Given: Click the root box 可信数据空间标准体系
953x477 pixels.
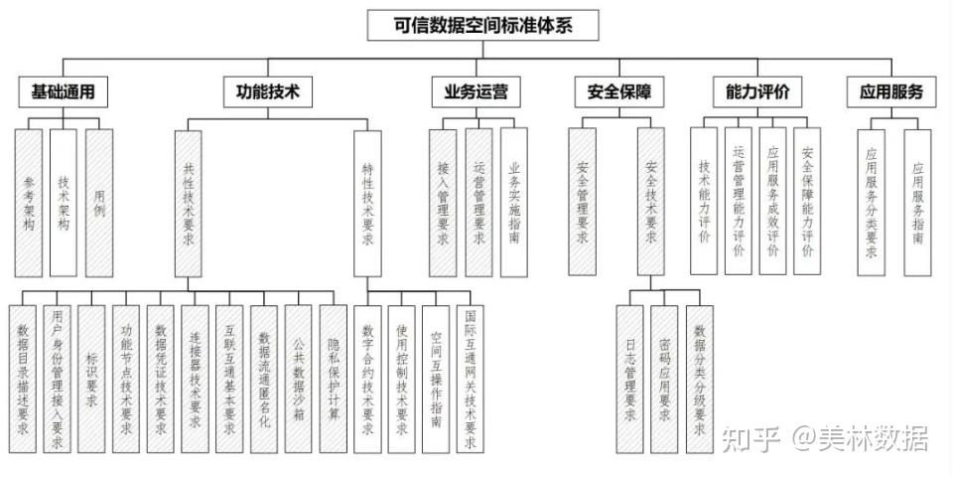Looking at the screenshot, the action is [483, 26].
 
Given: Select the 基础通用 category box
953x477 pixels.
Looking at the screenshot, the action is [64, 91].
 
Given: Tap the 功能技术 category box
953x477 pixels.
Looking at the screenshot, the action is [268, 91].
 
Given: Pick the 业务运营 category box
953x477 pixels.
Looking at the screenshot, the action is [476, 91].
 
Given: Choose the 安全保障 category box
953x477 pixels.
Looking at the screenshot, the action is [619, 91].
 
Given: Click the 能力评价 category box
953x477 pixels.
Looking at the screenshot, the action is [757, 91].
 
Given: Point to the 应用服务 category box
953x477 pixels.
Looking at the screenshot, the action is [891, 91].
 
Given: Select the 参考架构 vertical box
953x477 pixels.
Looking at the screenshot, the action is [29, 203].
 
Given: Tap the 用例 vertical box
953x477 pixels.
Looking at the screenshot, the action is [99, 203].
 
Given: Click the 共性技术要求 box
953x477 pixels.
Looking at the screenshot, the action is [189, 204].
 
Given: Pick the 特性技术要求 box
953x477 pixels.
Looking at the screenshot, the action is [367, 204].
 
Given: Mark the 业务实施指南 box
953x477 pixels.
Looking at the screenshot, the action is [514, 203].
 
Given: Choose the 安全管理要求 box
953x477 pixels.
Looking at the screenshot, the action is [583, 202].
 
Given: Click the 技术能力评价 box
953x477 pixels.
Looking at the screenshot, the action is [704, 201].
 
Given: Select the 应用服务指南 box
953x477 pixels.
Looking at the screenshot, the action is [917, 203].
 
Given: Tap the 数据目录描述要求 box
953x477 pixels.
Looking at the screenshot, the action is [23, 379].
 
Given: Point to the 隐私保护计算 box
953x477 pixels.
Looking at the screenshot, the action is [334, 379].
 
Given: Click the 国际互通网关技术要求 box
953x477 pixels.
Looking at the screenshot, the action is [471, 379].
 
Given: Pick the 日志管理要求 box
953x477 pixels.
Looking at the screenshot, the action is [629, 379].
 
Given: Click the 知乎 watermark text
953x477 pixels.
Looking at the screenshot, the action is [750, 438].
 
